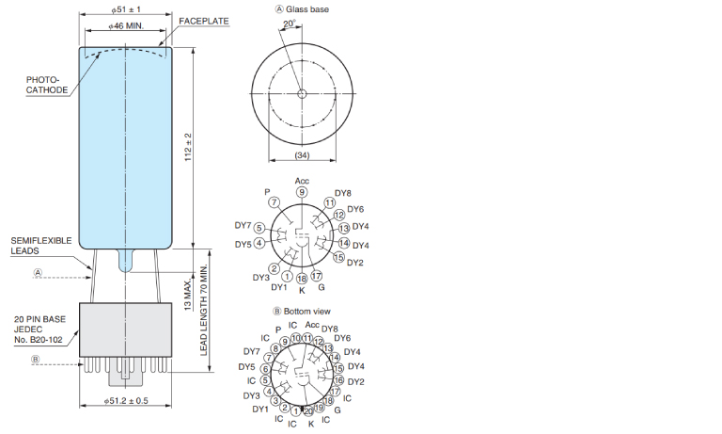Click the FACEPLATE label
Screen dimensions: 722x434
[x=203, y=22]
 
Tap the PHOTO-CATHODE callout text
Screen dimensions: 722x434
[x=46, y=85]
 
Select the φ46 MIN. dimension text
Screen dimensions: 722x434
[x=126, y=26]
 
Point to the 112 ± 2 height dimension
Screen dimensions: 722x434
[x=188, y=147]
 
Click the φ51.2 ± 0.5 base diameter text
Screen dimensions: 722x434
[x=126, y=401]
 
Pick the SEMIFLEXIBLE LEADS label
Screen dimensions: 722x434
[x=41, y=246]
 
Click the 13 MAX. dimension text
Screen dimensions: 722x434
[x=188, y=295]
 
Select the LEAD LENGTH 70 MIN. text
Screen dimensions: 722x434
[x=203, y=310]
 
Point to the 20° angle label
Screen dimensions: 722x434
[x=290, y=24]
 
